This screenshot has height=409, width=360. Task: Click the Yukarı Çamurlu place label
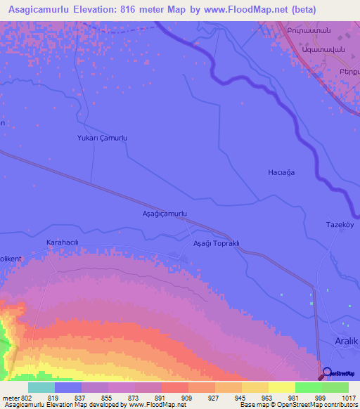tap(102, 138)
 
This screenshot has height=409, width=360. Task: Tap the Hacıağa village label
tap(281, 172)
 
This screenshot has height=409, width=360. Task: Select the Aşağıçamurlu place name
tap(165, 212)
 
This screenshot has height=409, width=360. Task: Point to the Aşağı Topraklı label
tap(217, 243)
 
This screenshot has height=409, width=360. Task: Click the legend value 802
tap(27, 397)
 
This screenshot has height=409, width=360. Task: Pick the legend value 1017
tap(338, 397)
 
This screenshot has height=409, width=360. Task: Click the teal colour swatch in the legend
tap(41, 387)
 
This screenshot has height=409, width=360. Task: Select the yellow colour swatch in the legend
tap(282, 387)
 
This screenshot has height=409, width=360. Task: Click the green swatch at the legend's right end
tap(335, 387)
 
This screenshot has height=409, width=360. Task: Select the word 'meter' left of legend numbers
tap(11, 397)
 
